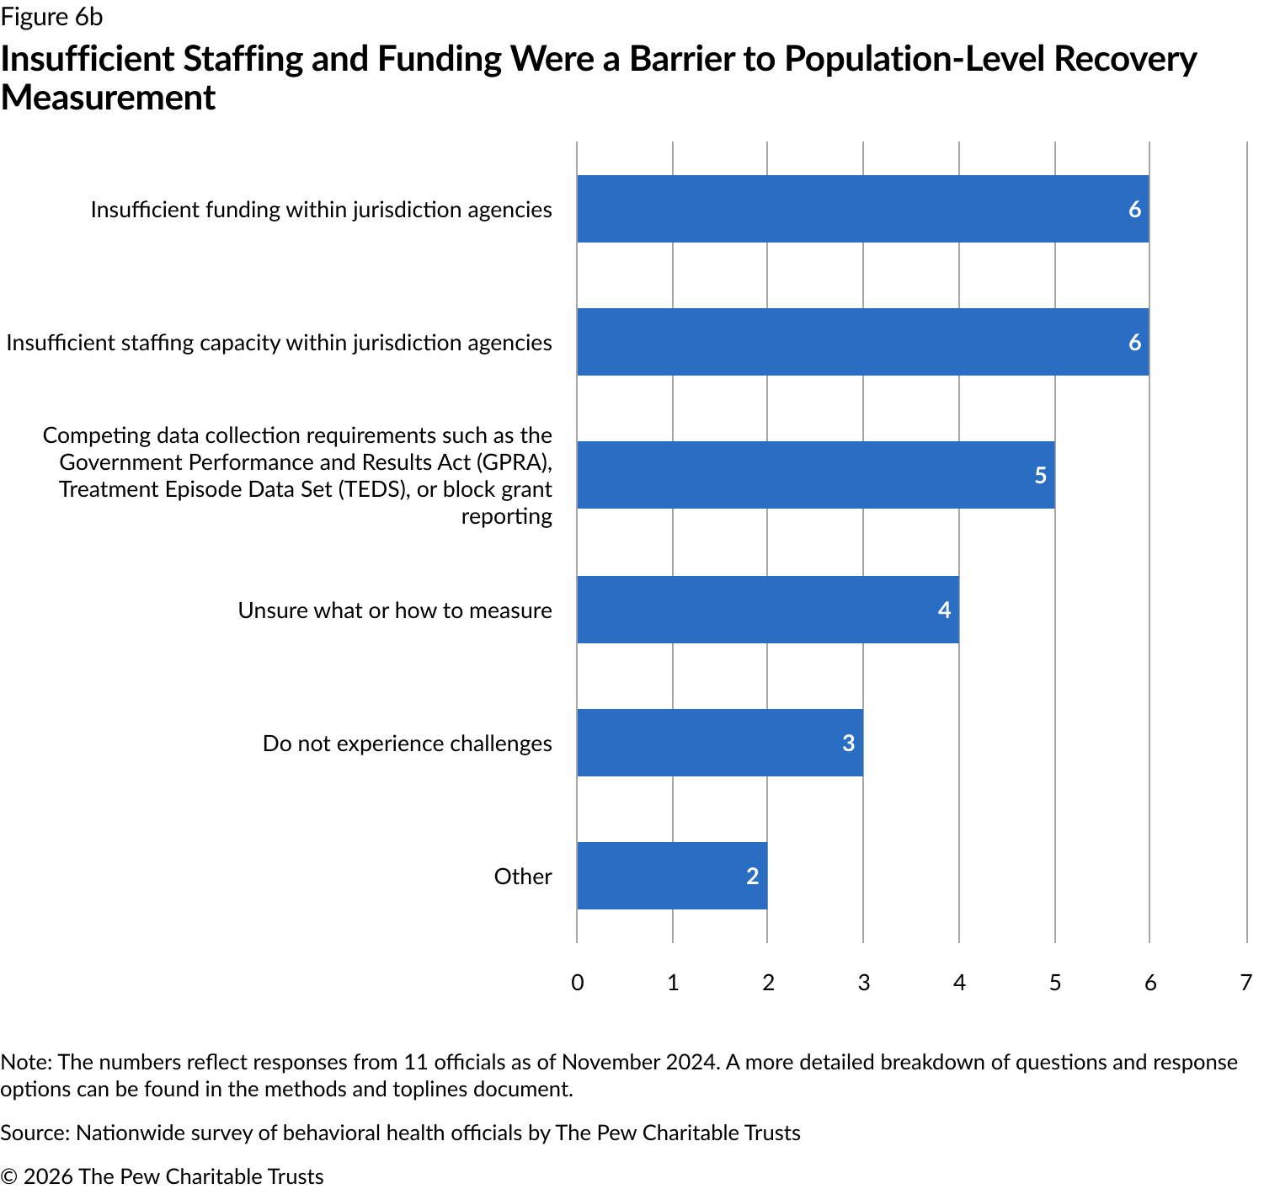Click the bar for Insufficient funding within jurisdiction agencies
[862, 209]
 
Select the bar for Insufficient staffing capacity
[862, 342]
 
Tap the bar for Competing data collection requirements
[815, 475]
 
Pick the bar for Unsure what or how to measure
[767, 610]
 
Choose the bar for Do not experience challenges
[720, 743]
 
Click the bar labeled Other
[672, 876]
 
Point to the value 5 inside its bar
[1040, 476]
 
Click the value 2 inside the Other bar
[752, 877]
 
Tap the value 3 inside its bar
[848, 744]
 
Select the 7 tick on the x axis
[1245, 983]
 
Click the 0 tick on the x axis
[577, 983]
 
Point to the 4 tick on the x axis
[959, 983]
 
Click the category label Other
[523, 877]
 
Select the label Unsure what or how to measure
[395, 610]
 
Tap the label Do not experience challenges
[408, 744]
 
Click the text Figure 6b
[52, 17]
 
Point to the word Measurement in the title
[109, 98]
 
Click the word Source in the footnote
[35, 1133]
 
